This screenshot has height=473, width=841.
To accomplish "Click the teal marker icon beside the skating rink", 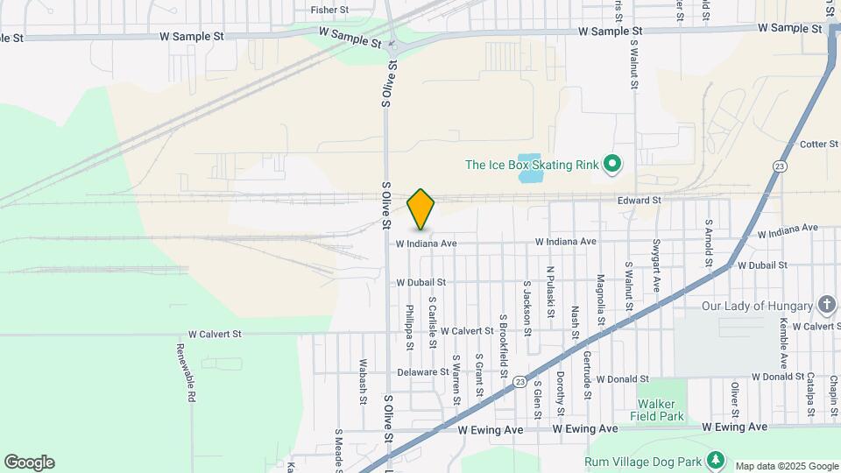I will (x=613, y=164).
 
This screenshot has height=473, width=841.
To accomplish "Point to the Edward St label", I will (x=639, y=201).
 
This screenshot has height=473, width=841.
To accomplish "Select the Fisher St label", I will (x=329, y=11).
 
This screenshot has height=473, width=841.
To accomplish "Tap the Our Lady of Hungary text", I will (x=757, y=307).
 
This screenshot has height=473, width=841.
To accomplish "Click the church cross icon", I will (x=826, y=305).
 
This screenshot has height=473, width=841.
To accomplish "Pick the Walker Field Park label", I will (x=661, y=410).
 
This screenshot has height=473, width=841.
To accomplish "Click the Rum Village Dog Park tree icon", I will (x=717, y=460).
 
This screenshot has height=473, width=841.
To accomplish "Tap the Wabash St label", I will (x=364, y=382).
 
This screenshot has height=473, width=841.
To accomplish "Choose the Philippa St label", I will (x=409, y=327).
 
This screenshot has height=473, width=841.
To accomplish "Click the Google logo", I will (x=29, y=462).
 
